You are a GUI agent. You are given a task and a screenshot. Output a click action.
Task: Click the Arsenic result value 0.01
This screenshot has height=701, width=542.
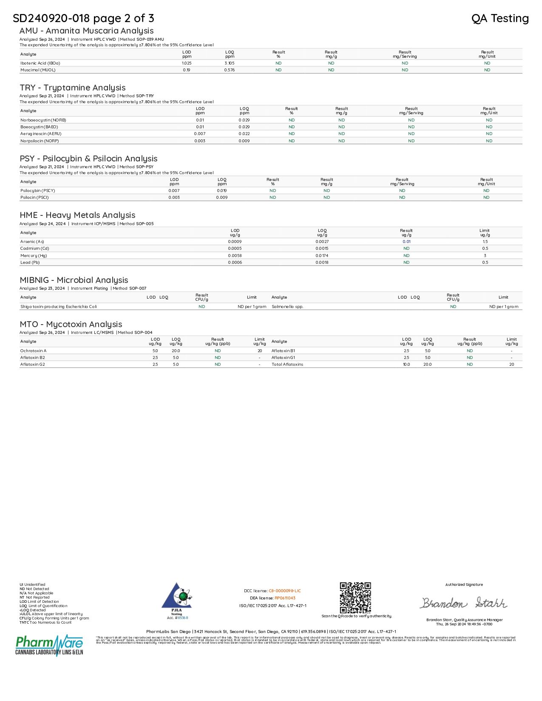click(406, 242)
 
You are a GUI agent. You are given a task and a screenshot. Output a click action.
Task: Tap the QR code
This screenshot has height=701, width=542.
click(355, 598)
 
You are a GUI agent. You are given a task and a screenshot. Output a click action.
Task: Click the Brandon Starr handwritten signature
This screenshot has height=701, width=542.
click(463, 603)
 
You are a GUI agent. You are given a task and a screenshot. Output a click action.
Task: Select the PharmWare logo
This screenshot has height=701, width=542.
click(49, 645)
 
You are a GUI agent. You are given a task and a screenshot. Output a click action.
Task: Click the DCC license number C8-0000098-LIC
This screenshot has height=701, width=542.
click(284, 591)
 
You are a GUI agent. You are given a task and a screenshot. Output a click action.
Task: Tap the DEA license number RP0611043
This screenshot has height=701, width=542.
click(285, 598)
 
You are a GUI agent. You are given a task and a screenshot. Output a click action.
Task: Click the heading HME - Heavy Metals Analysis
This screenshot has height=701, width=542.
click(77, 215)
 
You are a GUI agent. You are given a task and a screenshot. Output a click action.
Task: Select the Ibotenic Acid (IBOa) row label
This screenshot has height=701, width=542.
click(40, 63)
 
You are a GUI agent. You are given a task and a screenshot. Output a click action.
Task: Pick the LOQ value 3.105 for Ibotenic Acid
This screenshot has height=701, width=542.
click(230, 63)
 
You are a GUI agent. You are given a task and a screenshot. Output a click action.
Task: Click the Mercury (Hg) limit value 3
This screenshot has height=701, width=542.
click(485, 256)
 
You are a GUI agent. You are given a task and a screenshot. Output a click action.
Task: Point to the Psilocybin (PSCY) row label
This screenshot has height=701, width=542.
click(38, 191)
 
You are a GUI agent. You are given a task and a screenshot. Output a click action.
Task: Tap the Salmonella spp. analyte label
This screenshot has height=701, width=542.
click(287, 307)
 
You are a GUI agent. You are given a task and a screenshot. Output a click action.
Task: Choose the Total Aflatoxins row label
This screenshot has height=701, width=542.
click(287, 365)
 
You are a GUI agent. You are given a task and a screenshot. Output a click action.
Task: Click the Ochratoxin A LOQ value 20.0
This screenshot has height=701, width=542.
click(176, 351)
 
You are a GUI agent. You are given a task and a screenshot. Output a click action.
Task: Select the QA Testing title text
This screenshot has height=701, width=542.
click(500, 18)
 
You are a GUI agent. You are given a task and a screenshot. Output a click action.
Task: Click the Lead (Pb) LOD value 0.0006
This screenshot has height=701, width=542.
click(235, 263)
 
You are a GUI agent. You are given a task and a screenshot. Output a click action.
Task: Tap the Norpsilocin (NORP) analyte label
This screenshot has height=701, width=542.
click(40, 141)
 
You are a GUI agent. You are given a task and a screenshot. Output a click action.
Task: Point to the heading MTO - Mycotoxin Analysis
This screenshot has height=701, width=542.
click(71, 325)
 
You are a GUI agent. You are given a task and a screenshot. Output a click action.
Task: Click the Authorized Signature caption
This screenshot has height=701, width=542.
click(464, 585)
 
